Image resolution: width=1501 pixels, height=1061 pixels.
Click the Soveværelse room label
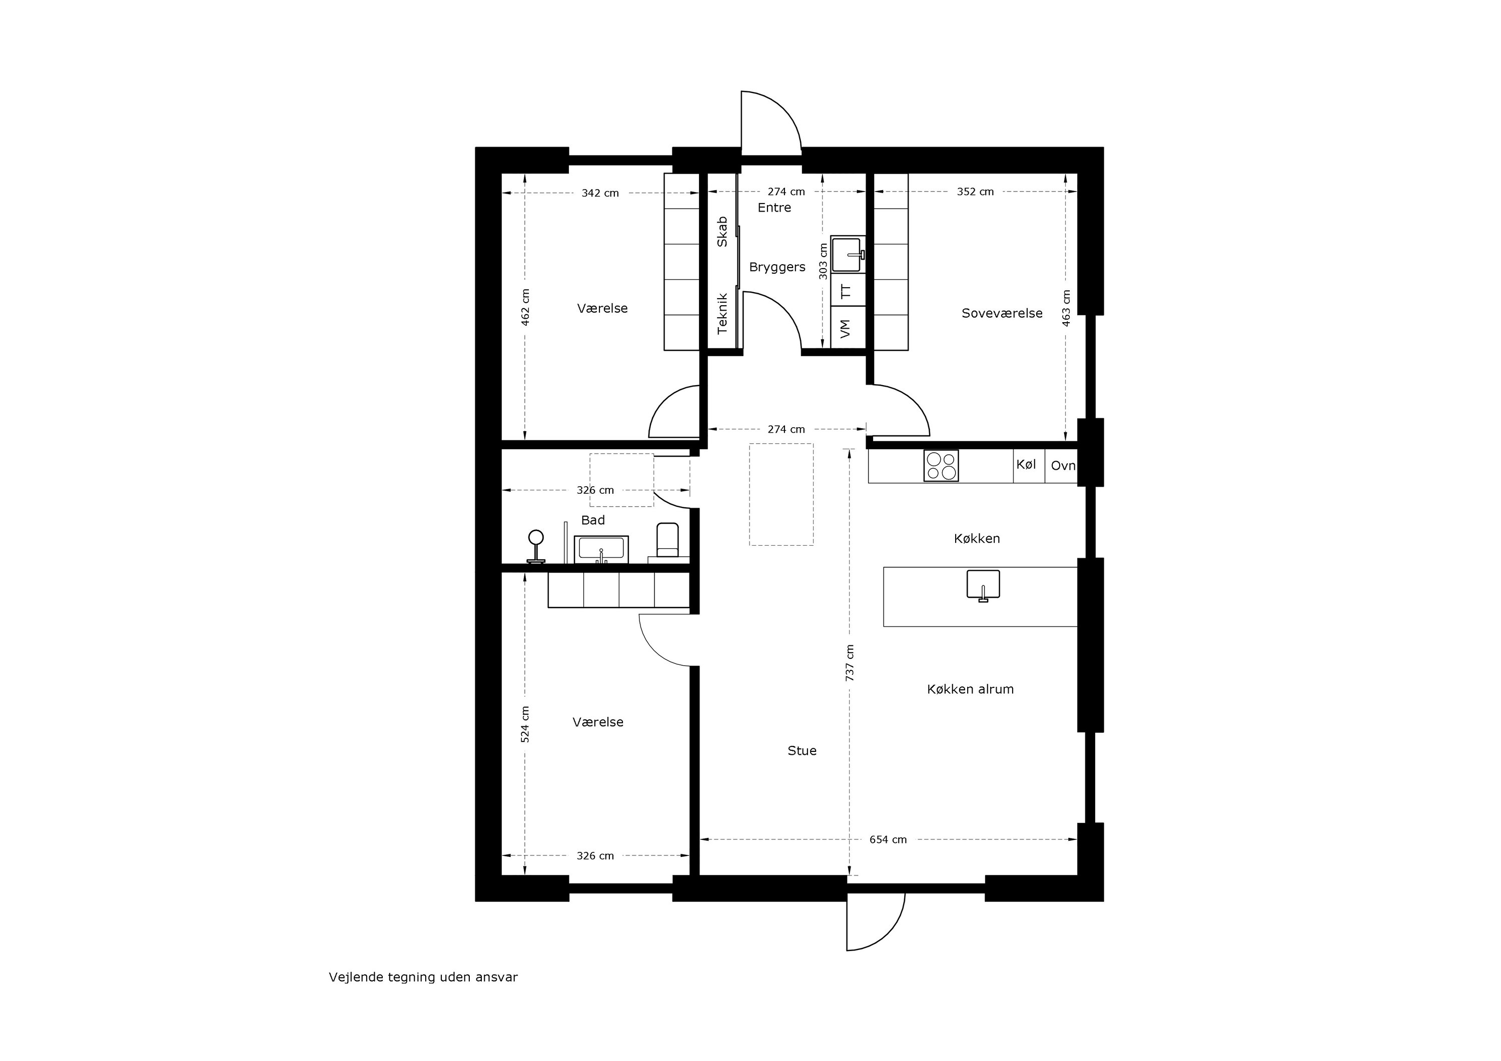click(1002, 313)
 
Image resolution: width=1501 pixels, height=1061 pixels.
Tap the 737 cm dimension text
click(850, 663)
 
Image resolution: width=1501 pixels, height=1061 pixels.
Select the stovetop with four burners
click(941, 466)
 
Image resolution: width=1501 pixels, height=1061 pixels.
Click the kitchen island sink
click(983, 585)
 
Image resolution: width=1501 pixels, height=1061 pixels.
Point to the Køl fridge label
click(1026, 464)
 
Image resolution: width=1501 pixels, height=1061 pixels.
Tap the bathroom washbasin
click(601, 549)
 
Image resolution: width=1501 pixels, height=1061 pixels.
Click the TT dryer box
click(848, 290)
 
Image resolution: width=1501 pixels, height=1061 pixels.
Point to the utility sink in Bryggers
click(848, 254)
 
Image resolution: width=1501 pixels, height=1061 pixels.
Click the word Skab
click(722, 232)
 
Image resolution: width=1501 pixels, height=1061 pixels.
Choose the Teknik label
click(722, 314)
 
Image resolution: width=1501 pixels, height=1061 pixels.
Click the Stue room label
click(802, 750)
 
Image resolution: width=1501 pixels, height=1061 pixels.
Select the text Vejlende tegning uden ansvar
click(423, 977)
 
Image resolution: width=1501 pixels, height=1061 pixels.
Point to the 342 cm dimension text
click(600, 194)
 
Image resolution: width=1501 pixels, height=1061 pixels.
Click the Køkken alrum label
click(970, 689)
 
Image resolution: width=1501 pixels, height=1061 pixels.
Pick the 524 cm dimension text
click(525, 724)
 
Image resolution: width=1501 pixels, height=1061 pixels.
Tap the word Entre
click(774, 208)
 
